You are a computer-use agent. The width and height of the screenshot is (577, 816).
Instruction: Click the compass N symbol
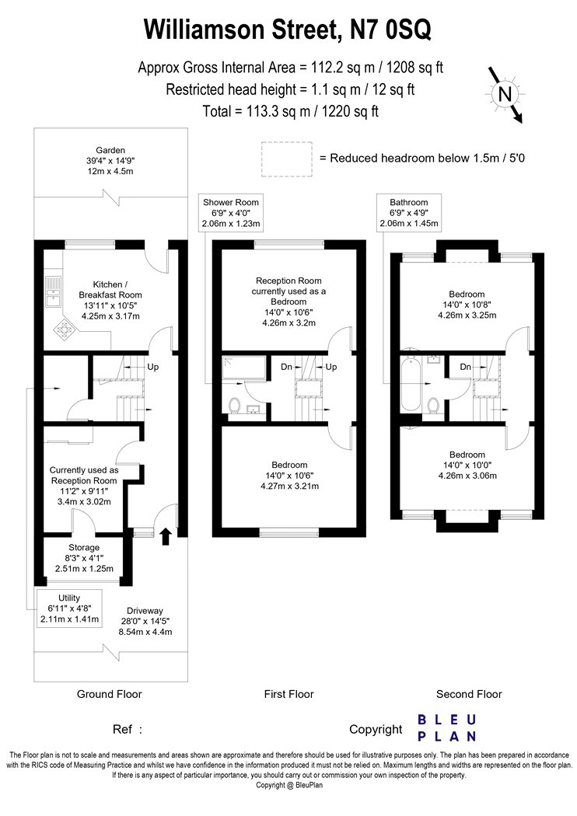click(x=505, y=94)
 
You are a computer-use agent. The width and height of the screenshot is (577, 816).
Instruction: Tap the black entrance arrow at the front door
click(x=166, y=536)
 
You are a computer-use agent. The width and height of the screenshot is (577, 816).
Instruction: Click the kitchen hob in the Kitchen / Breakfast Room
click(x=65, y=330)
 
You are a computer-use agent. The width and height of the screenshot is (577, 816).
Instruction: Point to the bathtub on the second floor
click(x=410, y=384)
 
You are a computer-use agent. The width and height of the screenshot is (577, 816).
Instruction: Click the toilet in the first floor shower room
click(x=234, y=405)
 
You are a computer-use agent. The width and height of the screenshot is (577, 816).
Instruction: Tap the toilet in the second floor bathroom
click(x=432, y=405)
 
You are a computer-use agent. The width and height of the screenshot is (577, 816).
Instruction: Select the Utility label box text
click(x=69, y=609)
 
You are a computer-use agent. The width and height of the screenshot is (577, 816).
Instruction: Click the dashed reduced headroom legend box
click(x=287, y=159)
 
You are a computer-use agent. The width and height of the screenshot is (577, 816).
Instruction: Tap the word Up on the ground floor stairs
click(x=152, y=367)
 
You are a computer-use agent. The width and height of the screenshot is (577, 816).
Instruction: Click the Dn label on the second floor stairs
click(x=466, y=367)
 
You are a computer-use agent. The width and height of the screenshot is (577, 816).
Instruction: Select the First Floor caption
click(x=289, y=694)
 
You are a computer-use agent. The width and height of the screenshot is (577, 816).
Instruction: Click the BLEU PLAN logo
click(x=447, y=728)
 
